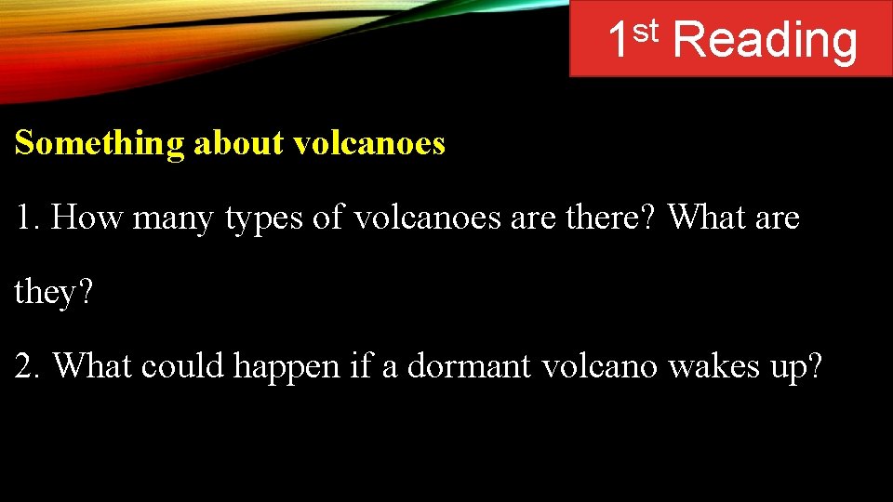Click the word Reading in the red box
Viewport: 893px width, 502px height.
click(x=763, y=42)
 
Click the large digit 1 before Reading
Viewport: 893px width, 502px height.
click(x=619, y=42)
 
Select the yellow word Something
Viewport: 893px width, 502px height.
click(x=100, y=144)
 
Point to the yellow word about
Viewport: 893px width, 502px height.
click(x=239, y=143)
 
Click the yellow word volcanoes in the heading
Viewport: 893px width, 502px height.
click(x=368, y=143)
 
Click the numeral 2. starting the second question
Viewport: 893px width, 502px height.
click(x=28, y=366)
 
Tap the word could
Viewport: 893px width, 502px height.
click(x=183, y=366)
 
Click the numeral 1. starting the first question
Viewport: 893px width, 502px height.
click(x=26, y=218)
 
